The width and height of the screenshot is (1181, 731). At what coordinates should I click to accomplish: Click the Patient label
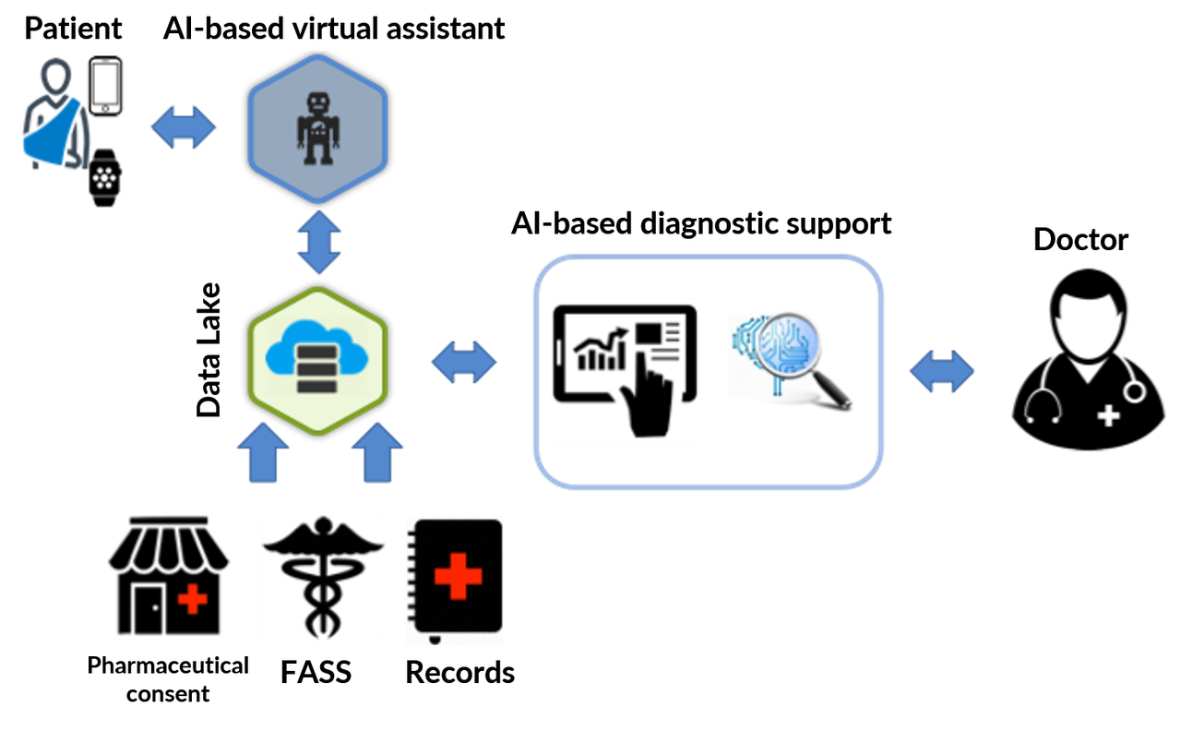[72, 30]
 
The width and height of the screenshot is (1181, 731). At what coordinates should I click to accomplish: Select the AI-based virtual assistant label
[333, 30]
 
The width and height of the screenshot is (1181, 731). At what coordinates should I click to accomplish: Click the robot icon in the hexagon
[318, 127]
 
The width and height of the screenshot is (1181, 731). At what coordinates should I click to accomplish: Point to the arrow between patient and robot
[184, 127]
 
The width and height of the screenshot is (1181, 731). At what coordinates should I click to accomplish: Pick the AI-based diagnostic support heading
[703, 225]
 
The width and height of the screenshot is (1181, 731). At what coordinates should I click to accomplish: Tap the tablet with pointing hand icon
[625, 370]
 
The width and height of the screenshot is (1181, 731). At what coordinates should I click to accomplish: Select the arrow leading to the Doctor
[941, 372]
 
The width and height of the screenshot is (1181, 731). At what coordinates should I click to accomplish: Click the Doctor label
[1080, 236]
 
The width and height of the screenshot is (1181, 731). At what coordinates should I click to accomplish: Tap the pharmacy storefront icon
[169, 578]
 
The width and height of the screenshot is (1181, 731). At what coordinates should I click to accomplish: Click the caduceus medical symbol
[322, 578]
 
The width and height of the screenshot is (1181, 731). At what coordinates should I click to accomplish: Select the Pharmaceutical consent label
[168, 679]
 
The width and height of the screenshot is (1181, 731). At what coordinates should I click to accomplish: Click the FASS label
[316, 673]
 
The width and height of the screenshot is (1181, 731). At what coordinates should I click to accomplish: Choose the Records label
[460, 673]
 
